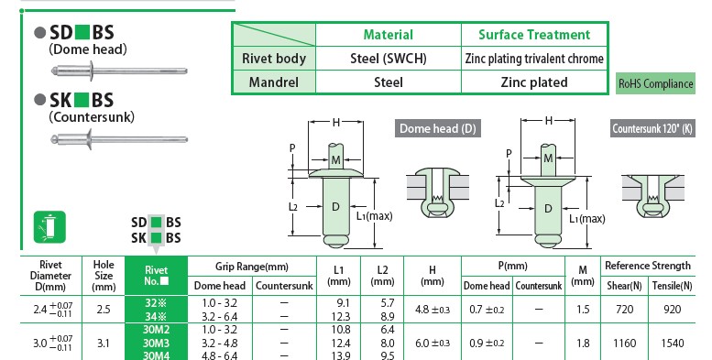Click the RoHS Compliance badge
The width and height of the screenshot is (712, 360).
pos(655,83)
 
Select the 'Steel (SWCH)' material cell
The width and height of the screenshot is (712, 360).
pos(389,59)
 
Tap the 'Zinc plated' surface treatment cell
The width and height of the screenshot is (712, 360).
pos(534,82)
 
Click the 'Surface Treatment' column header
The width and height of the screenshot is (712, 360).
pos(534,35)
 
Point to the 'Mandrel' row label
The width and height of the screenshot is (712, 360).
pos(274,82)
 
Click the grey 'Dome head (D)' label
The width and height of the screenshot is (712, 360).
pos(438,128)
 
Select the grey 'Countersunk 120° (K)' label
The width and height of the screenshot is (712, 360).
pos(652,128)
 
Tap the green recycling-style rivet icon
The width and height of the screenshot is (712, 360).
pos(50,227)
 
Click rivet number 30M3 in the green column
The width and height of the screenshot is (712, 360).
pos(156,343)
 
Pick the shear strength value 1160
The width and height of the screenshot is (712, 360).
pos(624,344)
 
